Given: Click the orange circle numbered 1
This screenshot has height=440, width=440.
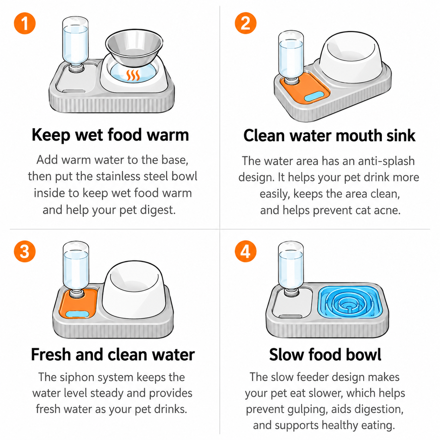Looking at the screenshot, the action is click(x=25, y=23).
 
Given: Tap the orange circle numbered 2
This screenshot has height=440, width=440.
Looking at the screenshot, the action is click(x=246, y=23).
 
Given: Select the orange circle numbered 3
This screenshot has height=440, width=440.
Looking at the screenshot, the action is click(x=25, y=251).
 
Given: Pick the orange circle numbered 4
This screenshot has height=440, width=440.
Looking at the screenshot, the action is click(x=246, y=251).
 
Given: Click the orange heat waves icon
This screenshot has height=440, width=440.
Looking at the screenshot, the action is click(x=133, y=75).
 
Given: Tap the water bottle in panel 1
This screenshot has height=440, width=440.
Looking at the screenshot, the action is click(x=75, y=44).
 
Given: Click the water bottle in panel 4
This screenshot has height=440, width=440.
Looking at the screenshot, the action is click(x=291, y=268).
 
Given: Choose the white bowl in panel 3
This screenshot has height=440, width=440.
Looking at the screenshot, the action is click(x=134, y=289).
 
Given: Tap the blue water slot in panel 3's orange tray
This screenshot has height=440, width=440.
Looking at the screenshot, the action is click(x=77, y=314).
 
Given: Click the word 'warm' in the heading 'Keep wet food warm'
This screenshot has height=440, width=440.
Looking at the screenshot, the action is click(x=168, y=135).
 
